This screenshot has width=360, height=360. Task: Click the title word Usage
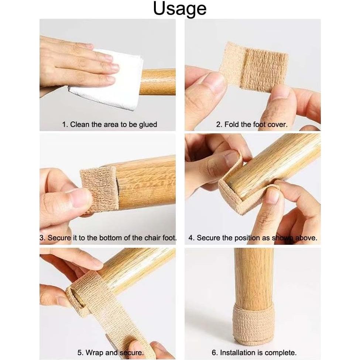tap(180, 9)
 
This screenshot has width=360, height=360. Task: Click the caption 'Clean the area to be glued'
tap(109, 124)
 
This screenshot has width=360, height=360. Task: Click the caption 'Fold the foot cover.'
tap(251, 124)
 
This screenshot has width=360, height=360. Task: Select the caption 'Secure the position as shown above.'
tap(253, 238)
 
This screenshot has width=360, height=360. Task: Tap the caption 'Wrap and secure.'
tap(110, 353)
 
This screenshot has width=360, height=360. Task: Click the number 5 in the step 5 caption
tap(79, 353)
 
